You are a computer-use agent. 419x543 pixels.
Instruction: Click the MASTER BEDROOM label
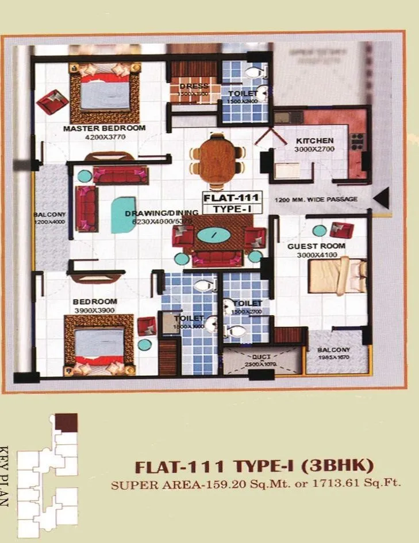pos(104,128)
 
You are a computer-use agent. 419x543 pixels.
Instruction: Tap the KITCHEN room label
pos(314,141)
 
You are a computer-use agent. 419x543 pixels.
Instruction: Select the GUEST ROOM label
pos(324,246)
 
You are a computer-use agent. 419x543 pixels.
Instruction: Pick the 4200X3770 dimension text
pos(104,137)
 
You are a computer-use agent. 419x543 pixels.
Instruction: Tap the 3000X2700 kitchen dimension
pos(315,149)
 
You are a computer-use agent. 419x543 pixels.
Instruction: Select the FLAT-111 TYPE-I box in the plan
pos(229,204)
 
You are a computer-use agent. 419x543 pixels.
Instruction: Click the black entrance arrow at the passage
pos(380,199)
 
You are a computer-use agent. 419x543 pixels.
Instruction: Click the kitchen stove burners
pos(357,141)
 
